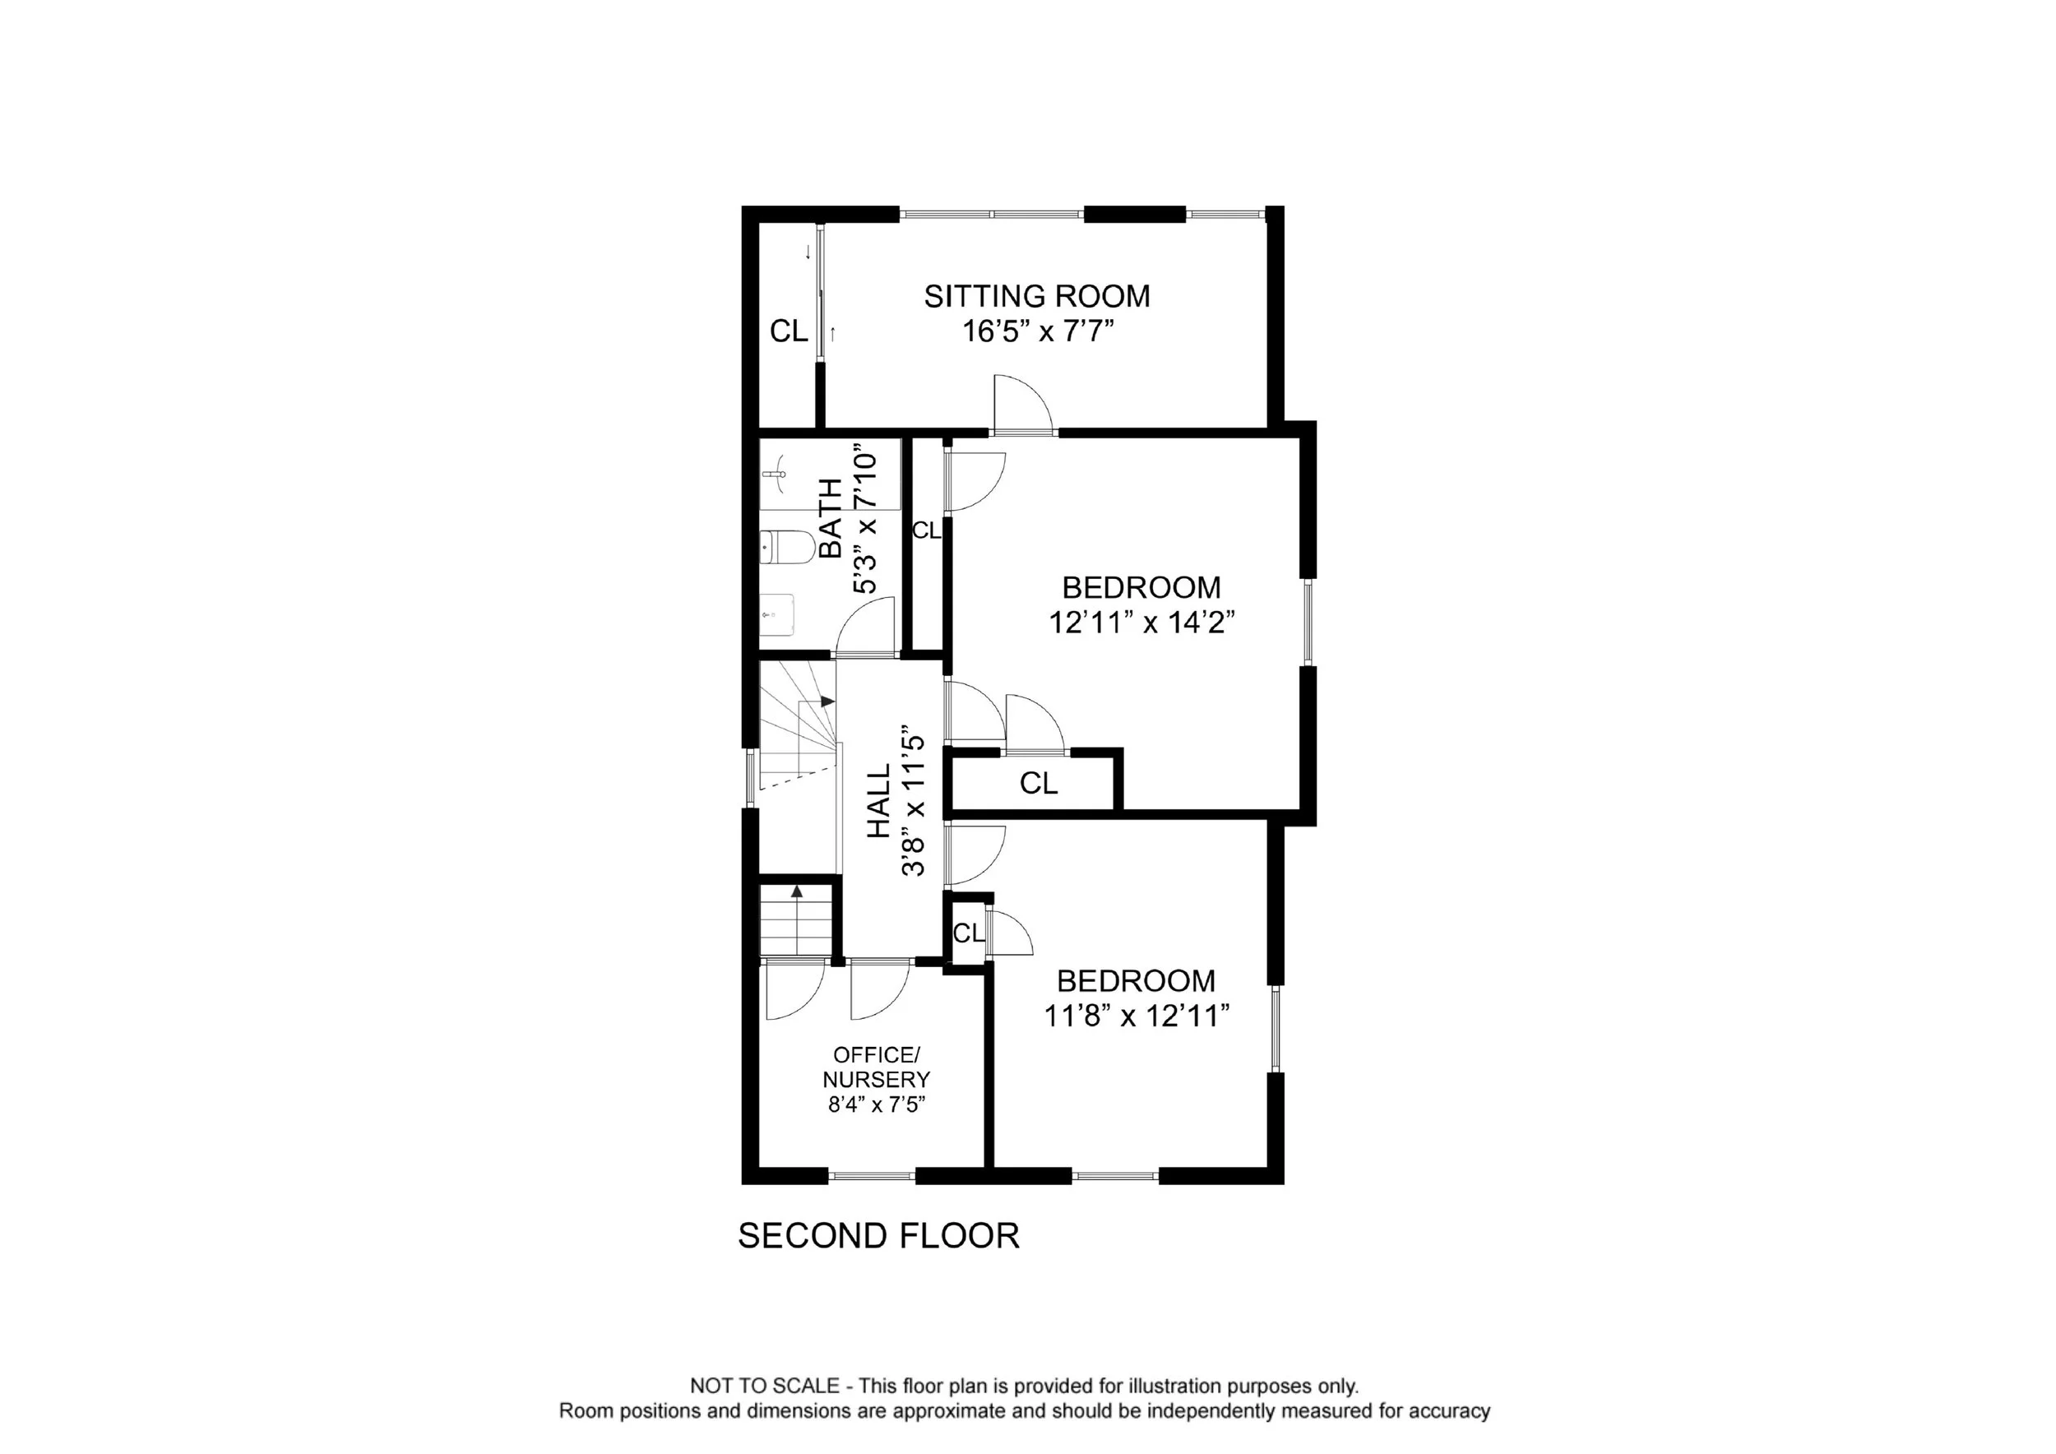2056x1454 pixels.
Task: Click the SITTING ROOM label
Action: (1037, 295)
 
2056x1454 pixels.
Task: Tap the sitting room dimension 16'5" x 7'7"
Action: (1038, 331)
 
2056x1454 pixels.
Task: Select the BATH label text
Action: (831, 518)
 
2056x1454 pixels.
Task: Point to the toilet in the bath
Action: (787, 547)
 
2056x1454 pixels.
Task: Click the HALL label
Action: (878, 800)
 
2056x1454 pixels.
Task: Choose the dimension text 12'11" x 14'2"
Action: (1141, 623)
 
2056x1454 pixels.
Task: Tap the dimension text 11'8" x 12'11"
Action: (1137, 1016)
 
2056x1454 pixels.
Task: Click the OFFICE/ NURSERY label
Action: (876, 1067)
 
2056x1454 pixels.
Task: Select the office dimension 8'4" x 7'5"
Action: (876, 1104)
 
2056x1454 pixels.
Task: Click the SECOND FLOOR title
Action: (878, 1235)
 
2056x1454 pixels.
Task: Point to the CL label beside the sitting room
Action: (789, 331)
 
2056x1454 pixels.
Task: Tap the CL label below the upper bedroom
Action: (1039, 784)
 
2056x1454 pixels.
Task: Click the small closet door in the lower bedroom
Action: (1009, 933)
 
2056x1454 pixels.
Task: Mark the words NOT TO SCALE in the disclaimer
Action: (765, 1387)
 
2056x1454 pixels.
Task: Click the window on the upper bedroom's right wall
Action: (1308, 623)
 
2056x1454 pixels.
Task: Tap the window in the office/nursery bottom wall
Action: (873, 1175)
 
